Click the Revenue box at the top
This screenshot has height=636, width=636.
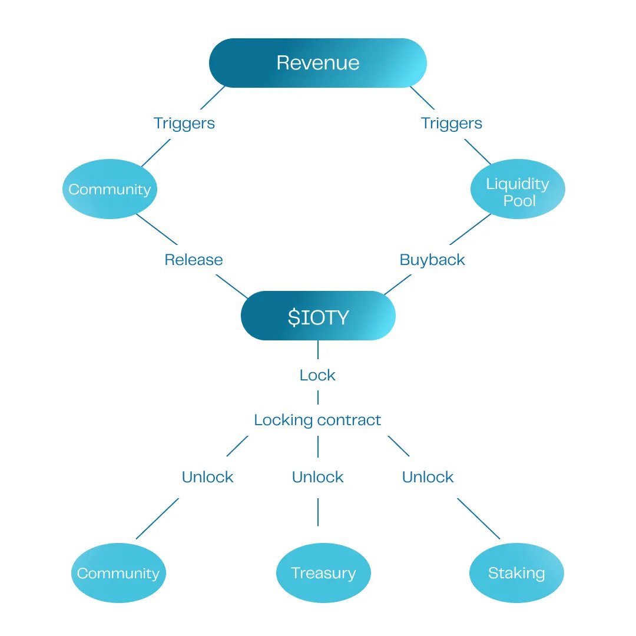click(x=317, y=63)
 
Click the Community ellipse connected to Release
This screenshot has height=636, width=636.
click(x=110, y=190)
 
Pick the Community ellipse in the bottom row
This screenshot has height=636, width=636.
click(x=118, y=573)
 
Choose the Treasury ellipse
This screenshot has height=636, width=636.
click(x=323, y=573)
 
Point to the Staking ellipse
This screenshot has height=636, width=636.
click(x=516, y=573)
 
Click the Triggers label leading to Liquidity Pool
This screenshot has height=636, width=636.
click(x=451, y=123)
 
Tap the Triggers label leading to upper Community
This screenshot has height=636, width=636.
click(x=184, y=123)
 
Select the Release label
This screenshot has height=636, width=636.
click(x=194, y=260)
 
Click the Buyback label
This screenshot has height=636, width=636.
click(x=432, y=260)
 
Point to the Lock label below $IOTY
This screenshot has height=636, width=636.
click(x=317, y=375)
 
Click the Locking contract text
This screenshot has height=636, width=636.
click(x=317, y=420)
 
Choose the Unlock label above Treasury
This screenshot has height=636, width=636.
click(x=317, y=477)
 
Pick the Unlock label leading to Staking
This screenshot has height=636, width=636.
click(x=428, y=477)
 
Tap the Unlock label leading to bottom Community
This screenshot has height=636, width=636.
click(x=207, y=477)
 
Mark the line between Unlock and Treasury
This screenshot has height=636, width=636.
click(x=318, y=512)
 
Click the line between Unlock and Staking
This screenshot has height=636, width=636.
click(x=478, y=518)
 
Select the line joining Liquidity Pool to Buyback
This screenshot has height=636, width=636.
click(x=470, y=229)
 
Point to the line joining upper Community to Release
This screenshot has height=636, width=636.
click(x=157, y=229)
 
